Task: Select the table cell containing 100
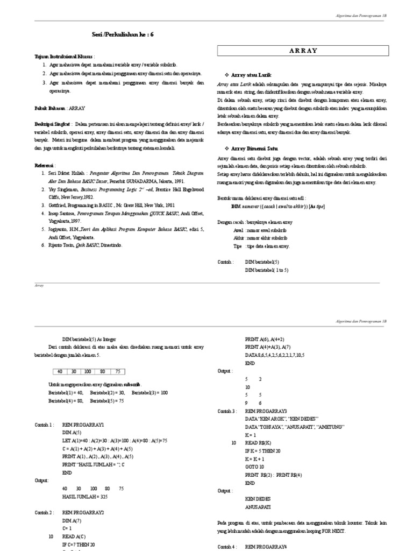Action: [88, 371]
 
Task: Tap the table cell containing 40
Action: [59, 371]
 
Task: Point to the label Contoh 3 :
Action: [226, 411]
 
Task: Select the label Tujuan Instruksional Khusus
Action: [63, 56]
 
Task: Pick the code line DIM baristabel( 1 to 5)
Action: [267, 270]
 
